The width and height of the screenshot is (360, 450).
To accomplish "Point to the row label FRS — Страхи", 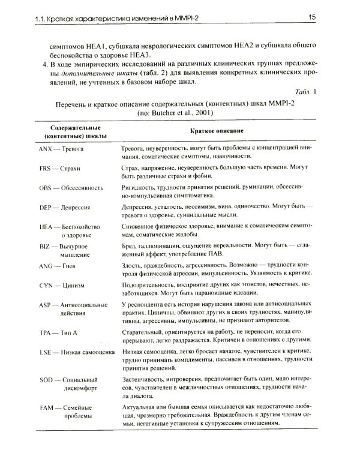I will click(61, 169).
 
